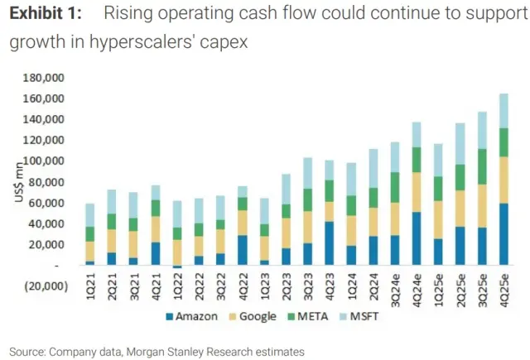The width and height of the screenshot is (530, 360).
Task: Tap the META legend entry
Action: pos(320,317)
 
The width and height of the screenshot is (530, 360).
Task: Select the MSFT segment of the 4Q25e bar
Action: pos(503,111)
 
